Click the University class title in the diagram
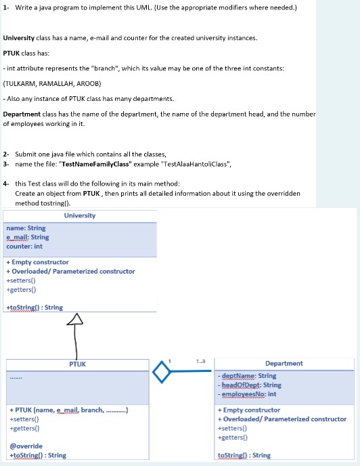pos(80,215)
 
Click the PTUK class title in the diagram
pos(77,364)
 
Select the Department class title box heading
pos(284,364)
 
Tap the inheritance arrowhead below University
pos(77,319)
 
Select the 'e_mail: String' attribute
pos(27,237)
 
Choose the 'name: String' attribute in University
pos(26,228)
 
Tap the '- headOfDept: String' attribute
pos(249,385)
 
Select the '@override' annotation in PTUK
pos(26,446)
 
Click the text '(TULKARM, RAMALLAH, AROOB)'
pos(52,84)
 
